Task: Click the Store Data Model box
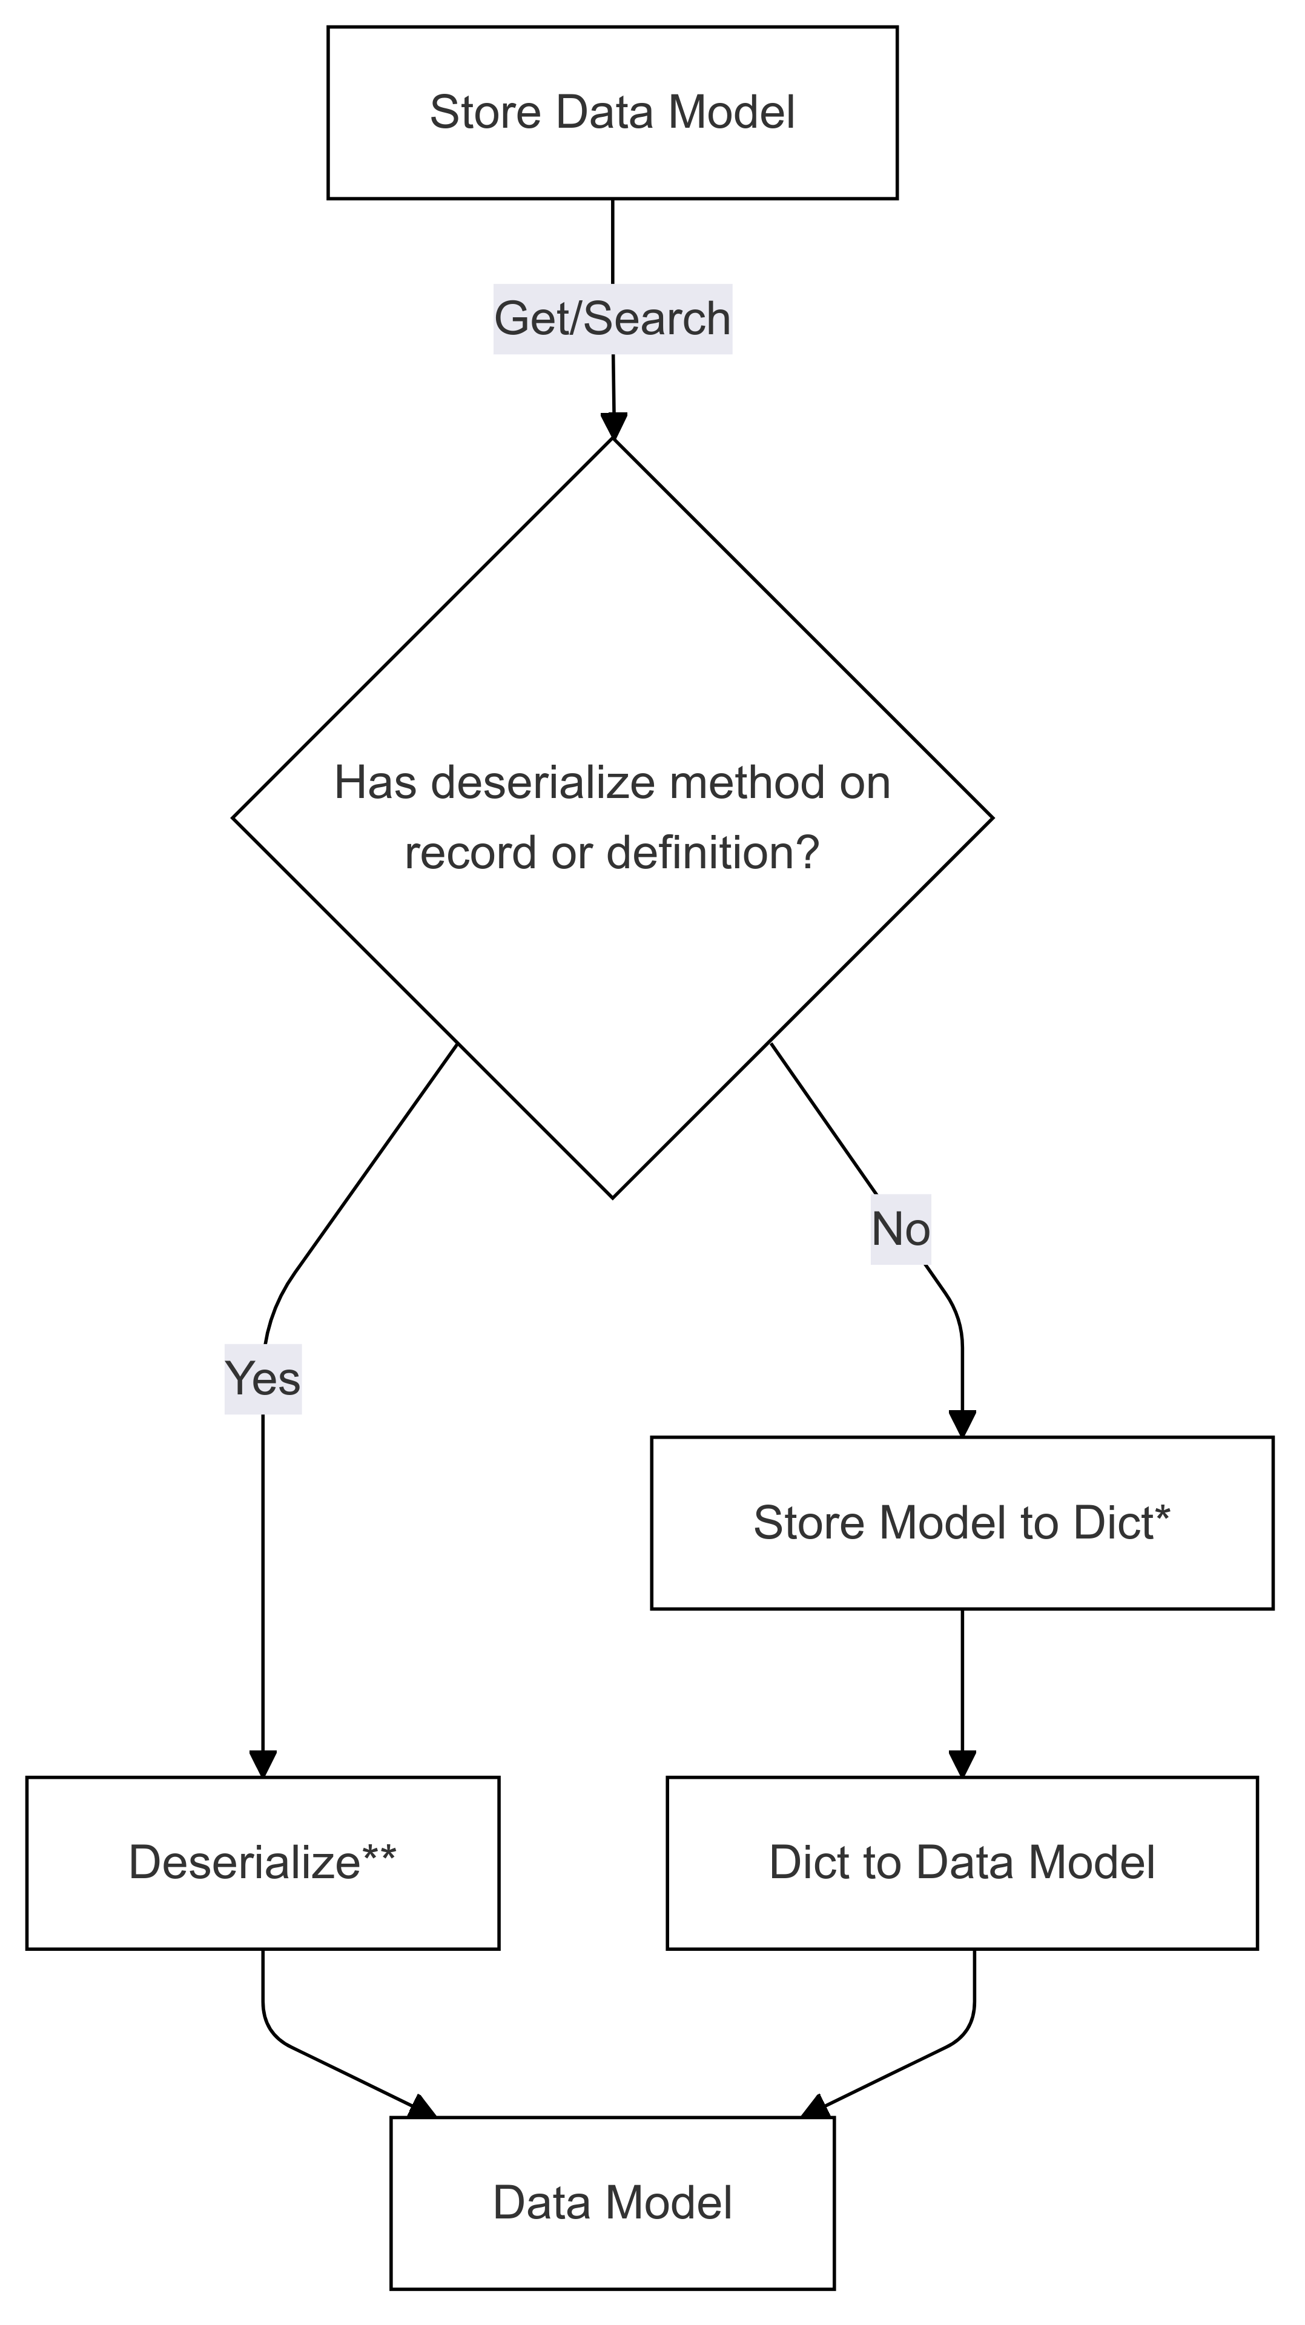tap(612, 113)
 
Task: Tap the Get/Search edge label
tap(612, 318)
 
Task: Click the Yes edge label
tap(263, 1378)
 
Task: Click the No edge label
tap(900, 1229)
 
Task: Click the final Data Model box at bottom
tap(612, 2203)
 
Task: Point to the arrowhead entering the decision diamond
tap(613, 426)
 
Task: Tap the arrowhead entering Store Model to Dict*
tap(962, 1423)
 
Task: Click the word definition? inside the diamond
tap(712, 853)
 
